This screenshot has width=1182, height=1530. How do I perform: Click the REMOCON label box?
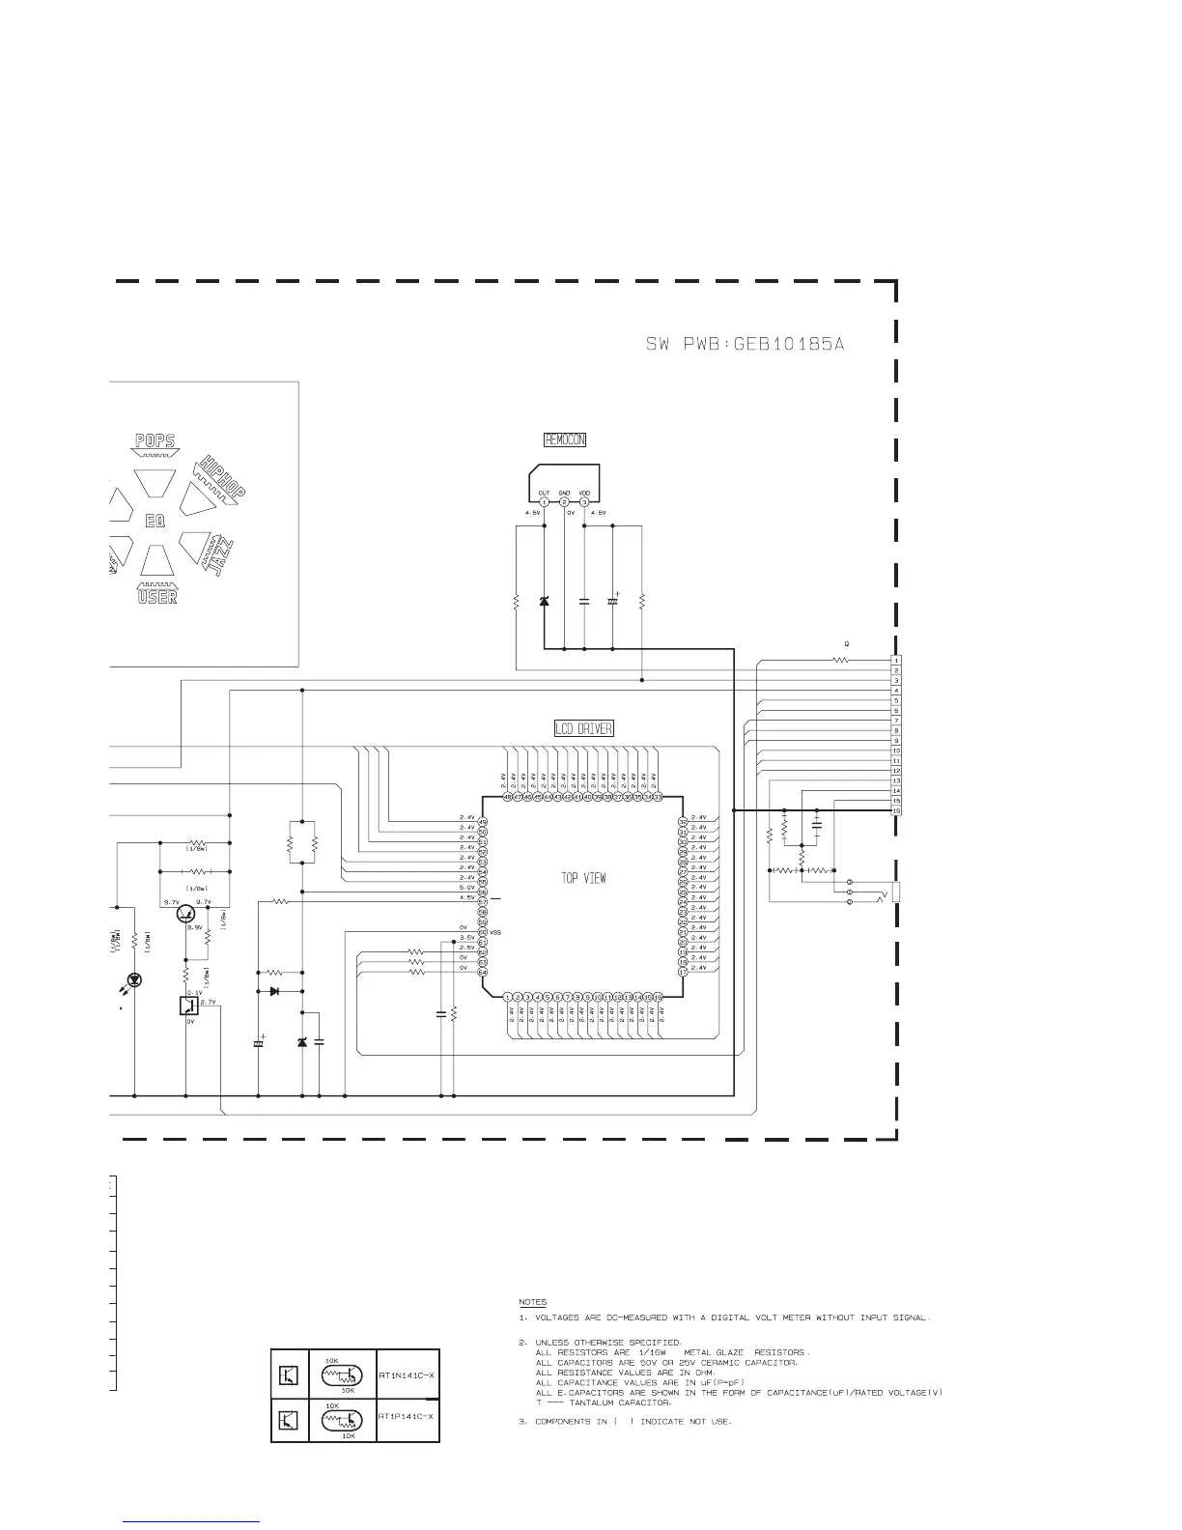pyautogui.click(x=565, y=439)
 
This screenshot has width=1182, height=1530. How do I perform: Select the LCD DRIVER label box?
pyautogui.click(x=583, y=728)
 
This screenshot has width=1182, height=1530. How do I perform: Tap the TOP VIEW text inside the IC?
pyautogui.click(x=583, y=878)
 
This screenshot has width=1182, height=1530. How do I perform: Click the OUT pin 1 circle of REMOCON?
pyautogui.click(x=544, y=501)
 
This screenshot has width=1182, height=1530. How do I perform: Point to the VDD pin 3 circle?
pyautogui.click(x=584, y=501)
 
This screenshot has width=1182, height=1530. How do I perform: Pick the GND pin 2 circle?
pyautogui.click(x=564, y=501)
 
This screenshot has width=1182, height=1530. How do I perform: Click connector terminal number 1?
pyautogui.click(x=896, y=660)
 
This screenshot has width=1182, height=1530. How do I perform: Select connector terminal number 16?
pyautogui.click(x=896, y=810)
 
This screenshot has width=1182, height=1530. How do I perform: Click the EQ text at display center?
pyautogui.click(x=155, y=521)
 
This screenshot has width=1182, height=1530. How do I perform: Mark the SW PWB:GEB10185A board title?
pyautogui.click(x=745, y=344)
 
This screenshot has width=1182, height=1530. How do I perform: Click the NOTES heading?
pyautogui.click(x=532, y=1302)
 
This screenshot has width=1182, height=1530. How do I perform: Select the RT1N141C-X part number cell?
pyautogui.click(x=407, y=1374)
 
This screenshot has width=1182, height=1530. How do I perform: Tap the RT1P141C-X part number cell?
pyautogui.click(x=407, y=1416)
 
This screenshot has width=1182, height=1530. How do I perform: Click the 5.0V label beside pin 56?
pyautogui.click(x=466, y=887)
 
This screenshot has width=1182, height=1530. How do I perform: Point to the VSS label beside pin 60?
pyautogui.click(x=495, y=932)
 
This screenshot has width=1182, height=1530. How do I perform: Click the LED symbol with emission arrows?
pyautogui.click(x=134, y=979)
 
